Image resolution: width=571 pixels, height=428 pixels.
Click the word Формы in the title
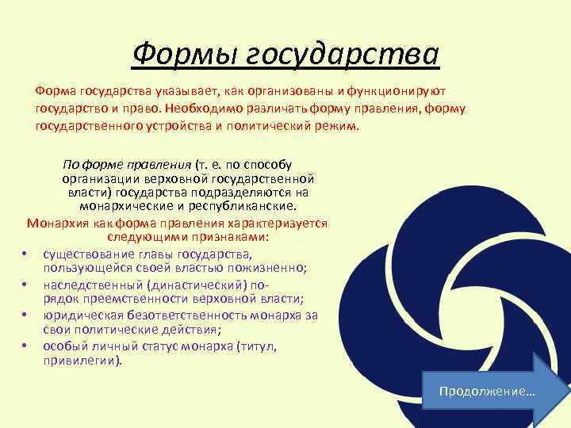click(x=181, y=54)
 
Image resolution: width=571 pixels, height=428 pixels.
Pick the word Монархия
click(x=58, y=224)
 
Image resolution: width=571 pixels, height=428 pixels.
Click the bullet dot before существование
click(x=26, y=254)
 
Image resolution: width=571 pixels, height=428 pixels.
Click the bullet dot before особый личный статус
click(x=26, y=346)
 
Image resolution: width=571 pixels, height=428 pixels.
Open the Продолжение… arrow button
click(x=492, y=392)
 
